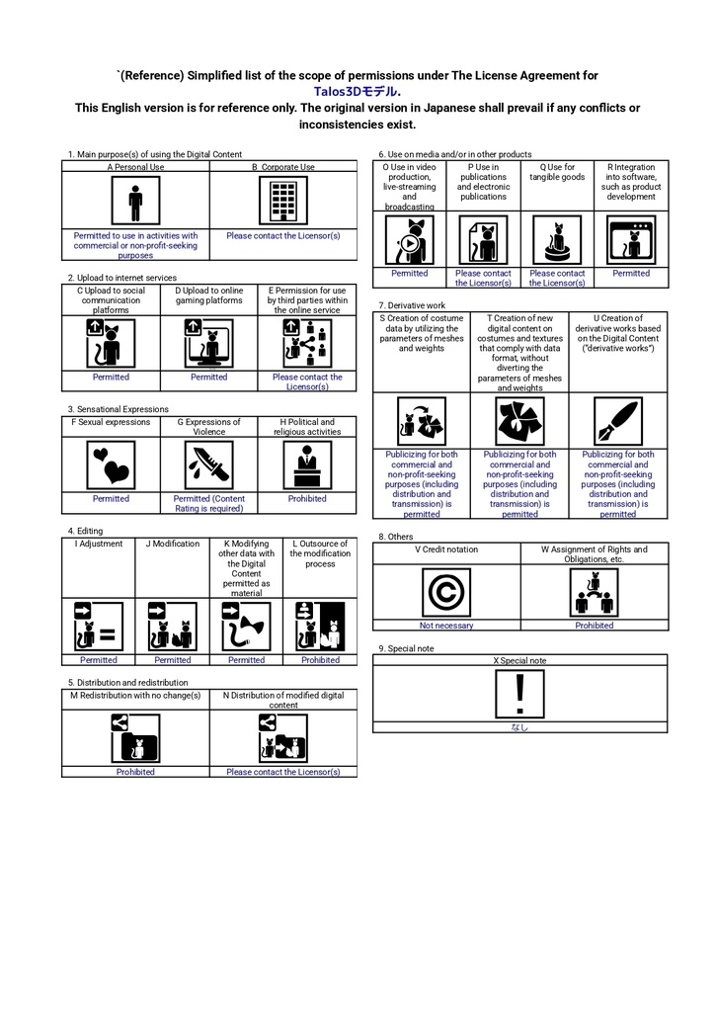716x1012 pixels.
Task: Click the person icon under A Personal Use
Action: [x=135, y=201]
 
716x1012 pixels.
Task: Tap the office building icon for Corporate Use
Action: [x=283, y=201]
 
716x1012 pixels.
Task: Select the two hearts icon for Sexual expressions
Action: [x=111, y=464]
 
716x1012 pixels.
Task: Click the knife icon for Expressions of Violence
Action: [x=209, y=464]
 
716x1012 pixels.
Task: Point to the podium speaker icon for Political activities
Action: [x=307, y=464]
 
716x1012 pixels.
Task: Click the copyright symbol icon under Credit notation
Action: [x=446, y=593]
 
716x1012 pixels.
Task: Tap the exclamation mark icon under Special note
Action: [x=519, y=694]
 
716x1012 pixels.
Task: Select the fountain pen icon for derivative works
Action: [x=618, y=421]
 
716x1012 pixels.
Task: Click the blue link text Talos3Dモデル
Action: [x=356, y=92]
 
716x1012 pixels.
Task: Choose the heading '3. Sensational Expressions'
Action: [x=119, y=409]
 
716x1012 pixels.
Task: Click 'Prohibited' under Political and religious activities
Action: [x=307, y=499]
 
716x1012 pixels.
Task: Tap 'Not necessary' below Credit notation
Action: [x=446, y=626]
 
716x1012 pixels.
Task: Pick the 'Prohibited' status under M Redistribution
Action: [x=135, y=772]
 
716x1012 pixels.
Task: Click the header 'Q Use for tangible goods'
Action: [x=557, y=172]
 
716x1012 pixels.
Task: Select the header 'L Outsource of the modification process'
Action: [x=320, y=553]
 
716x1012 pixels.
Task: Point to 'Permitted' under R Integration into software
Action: [x=631, y=274]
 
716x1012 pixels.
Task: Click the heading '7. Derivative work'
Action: [x=412, y=305]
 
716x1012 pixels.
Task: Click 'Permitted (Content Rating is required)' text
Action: [x=209, y=503]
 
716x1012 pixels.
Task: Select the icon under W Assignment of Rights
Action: [x=595, y=593]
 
